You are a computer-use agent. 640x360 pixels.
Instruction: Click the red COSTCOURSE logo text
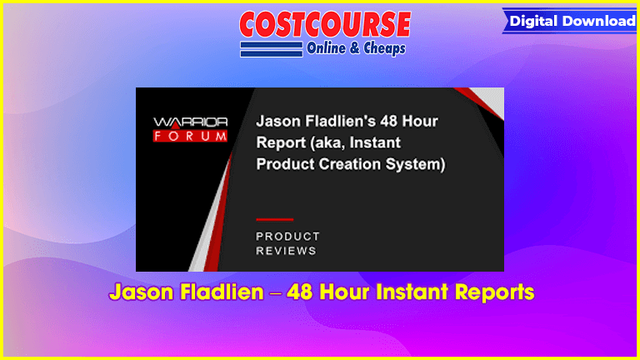point(325,24)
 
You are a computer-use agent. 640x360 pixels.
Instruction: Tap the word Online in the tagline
point(326,48)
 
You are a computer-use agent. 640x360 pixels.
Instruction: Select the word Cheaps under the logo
point(384,48)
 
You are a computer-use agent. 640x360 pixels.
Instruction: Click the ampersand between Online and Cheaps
point(354,48)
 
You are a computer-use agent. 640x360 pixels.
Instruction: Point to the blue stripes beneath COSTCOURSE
point(272,49)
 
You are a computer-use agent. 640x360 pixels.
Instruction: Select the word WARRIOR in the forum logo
point(190,122)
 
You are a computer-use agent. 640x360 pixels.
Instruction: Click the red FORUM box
point(190,136)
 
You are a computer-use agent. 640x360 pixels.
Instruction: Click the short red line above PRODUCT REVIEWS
point(275,220)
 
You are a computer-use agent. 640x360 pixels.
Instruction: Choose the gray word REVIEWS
point(286,251)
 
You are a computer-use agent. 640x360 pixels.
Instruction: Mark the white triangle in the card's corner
point(490,100)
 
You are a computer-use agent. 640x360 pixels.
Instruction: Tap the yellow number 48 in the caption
point(301,292)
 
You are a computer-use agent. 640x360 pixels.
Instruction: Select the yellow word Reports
point(495,292)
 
